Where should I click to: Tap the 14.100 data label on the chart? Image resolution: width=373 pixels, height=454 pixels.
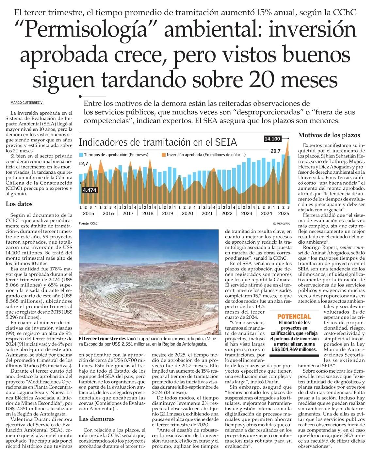tap(272, 139)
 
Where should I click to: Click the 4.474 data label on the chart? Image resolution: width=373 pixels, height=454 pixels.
tap(89, 190)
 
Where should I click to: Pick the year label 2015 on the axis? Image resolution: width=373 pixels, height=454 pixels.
tap(89, 213)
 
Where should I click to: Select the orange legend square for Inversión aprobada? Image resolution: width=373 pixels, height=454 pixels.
tap(164, 154)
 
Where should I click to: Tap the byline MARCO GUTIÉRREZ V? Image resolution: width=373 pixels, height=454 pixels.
tap(27, 103)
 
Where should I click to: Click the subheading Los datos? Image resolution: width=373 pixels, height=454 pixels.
tap(19, 204)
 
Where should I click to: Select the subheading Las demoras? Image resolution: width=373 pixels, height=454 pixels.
tap(97, 419)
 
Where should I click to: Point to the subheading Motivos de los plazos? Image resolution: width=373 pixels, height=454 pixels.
tap(329, 135)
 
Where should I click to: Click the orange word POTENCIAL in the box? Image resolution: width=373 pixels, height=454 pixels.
tap(294, 316)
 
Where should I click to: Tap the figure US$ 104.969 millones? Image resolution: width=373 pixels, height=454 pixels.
tap(294, 349)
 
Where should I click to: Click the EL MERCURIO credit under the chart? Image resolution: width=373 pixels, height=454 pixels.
tap(281, 224)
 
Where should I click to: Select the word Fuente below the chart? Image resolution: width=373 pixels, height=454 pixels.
tap(84, 224)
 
